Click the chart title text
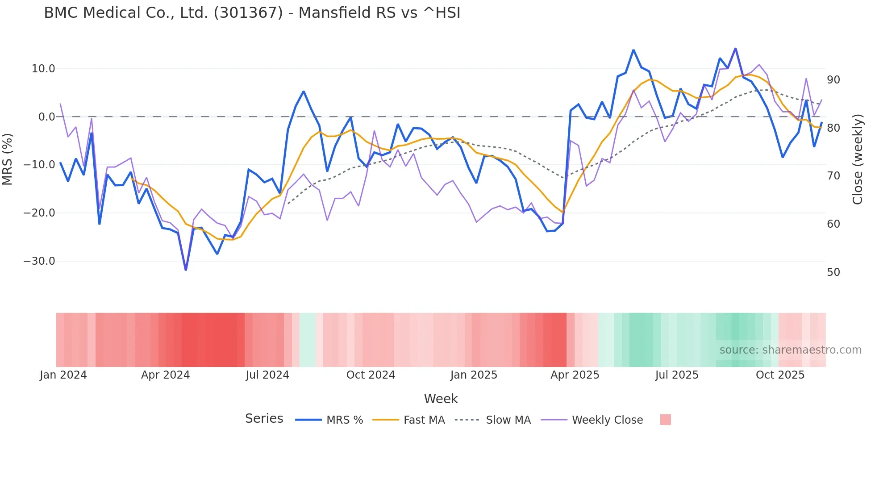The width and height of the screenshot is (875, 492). coord(252,13)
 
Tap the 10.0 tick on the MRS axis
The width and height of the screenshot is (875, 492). coord(43,69)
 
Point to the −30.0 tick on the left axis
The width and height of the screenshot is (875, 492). coord(39,261)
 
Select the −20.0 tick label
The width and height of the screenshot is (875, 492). coord(39,213)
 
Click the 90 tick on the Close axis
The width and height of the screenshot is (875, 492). coord(833,80)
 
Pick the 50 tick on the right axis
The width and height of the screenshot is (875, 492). coord(833,272)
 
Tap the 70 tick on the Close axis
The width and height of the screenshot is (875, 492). coord(833,176)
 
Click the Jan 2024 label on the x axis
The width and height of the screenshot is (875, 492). coord(63,375)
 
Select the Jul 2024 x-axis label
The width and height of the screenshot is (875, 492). coord(267,375)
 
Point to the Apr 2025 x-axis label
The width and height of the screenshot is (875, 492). coord(575,375)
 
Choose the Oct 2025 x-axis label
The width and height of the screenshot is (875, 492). coord(780,375)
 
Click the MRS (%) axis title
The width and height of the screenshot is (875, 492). coord(8,159)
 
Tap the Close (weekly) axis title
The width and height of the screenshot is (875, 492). coord(858,159)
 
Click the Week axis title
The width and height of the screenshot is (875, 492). coord(441,399)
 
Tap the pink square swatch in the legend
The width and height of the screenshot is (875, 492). coord(665,420)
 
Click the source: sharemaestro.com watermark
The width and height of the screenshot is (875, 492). coord(790,350)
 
